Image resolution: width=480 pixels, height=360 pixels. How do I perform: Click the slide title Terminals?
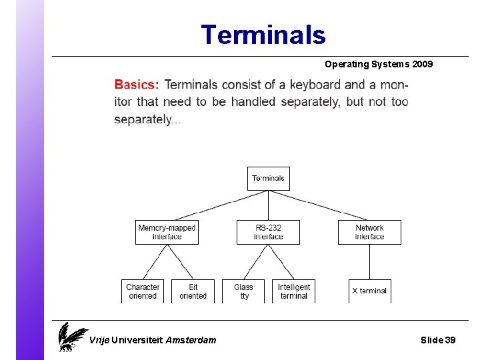[263, 35]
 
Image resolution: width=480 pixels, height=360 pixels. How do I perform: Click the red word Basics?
[137, 85]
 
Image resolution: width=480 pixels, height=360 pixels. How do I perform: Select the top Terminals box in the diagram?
[269, 178]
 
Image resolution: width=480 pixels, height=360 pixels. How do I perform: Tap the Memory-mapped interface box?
[167, 232]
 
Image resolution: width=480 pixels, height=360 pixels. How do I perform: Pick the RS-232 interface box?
[268, 232]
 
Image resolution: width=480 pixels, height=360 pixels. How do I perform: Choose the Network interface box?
[369, 232]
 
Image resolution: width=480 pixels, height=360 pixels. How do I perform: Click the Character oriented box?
[143, 291]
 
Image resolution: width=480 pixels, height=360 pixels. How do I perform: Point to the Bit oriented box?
[193, 291]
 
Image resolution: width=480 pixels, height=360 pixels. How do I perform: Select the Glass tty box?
[244, 291]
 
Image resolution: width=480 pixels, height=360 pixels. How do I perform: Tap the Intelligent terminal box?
[294, 291]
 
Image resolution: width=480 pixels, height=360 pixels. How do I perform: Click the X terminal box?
[369, 291]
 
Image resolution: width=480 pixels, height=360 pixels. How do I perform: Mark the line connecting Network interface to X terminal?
[369, 262]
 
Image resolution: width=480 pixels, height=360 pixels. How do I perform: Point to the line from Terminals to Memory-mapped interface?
[217, 205]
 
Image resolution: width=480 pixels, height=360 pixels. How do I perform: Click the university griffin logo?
[71, 337]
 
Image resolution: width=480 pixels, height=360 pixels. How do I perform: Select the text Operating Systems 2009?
[379, 64]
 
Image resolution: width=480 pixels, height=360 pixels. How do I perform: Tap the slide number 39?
[450, 340]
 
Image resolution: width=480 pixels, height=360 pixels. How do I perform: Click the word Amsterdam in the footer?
[191, 340]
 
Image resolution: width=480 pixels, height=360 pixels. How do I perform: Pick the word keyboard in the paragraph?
[315, 85]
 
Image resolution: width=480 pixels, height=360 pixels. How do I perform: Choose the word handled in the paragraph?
[253, 102]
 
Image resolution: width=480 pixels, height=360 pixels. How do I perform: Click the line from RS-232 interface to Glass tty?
[256, 262]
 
